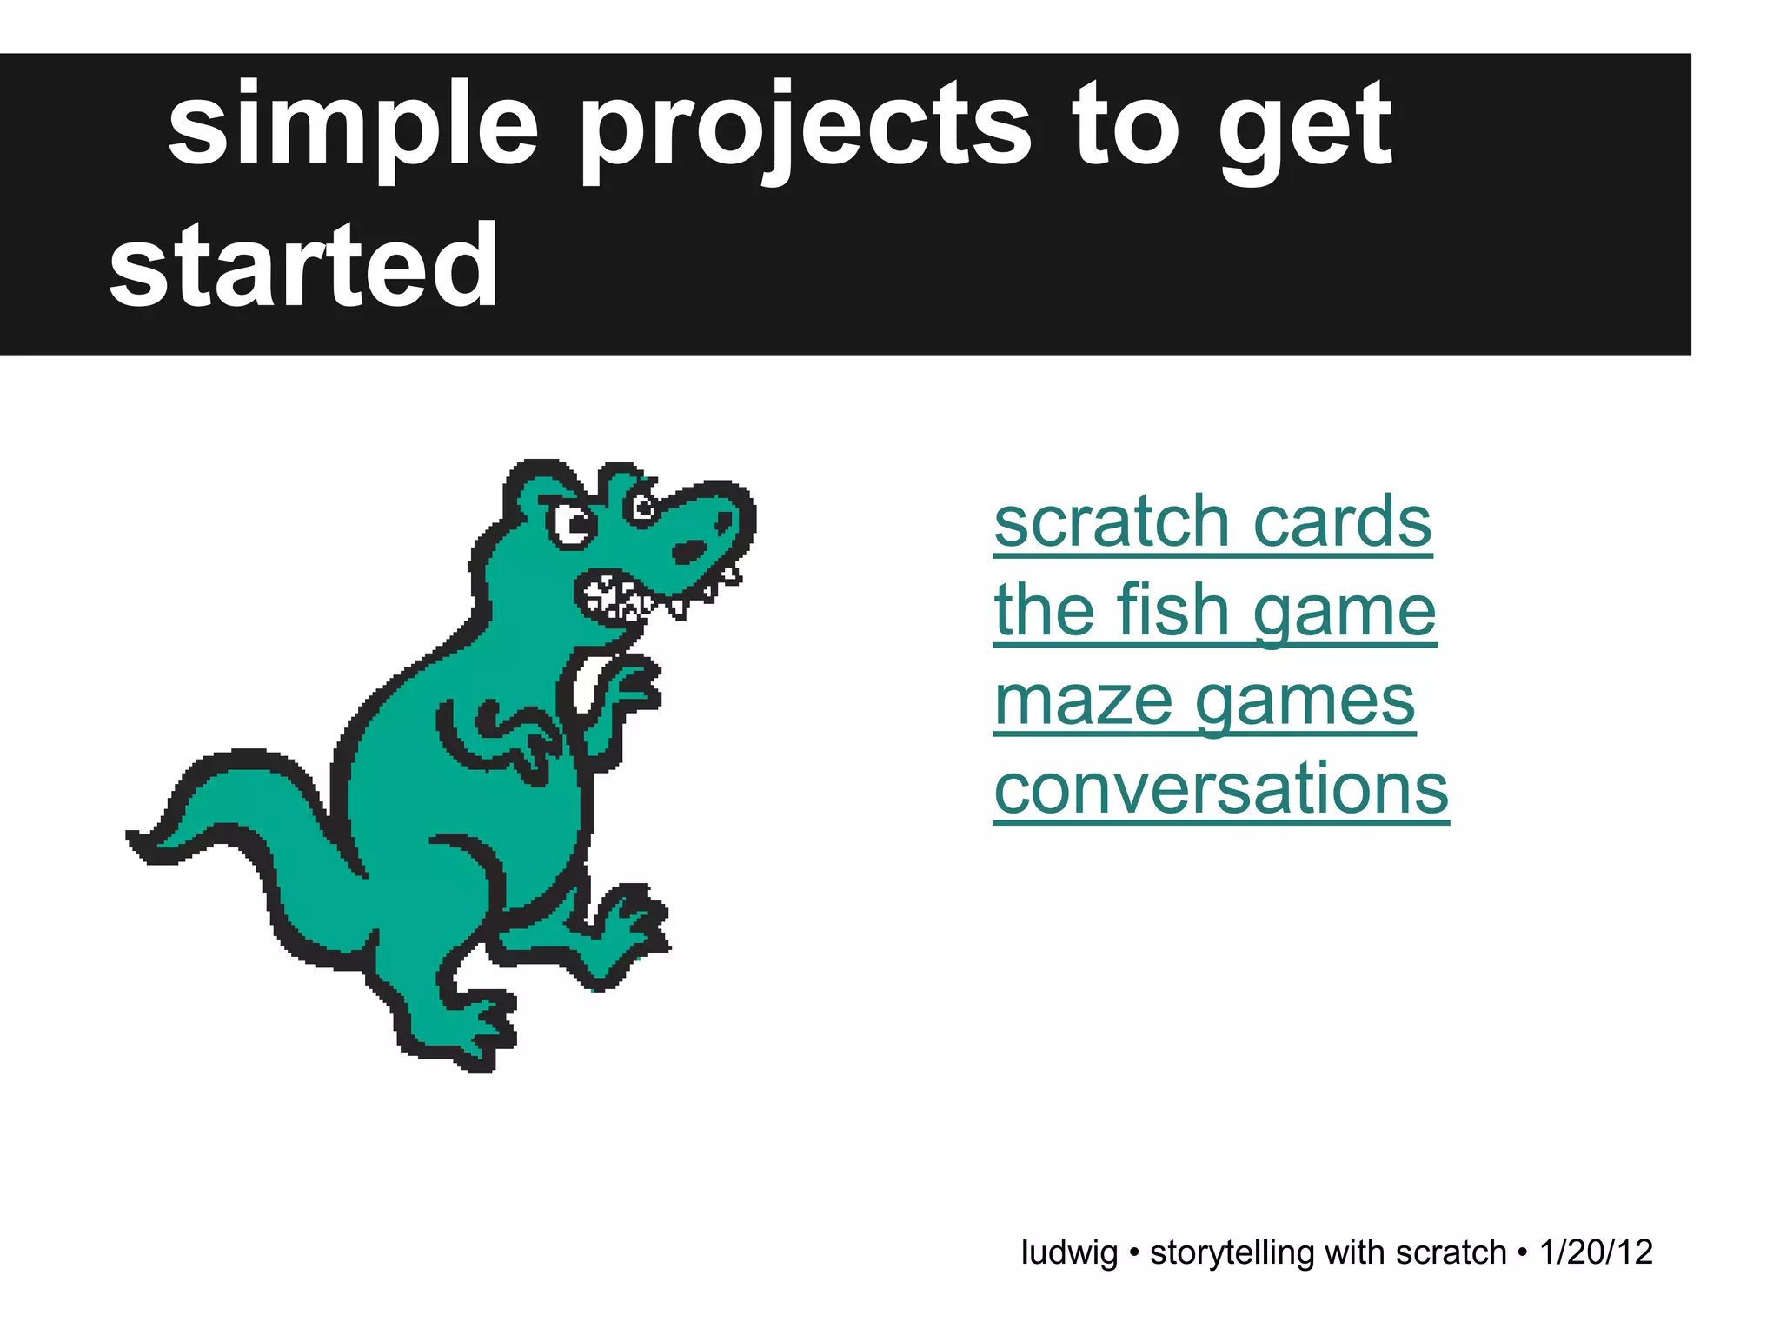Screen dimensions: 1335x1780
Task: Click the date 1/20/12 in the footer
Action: pyautogui.click(x=1595, y=1252)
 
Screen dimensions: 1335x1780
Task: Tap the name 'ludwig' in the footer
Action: pyautogui.click(x=1068, y=1252)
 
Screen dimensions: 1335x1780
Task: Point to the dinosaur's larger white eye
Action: pyautogui.click(x=572, y=524)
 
